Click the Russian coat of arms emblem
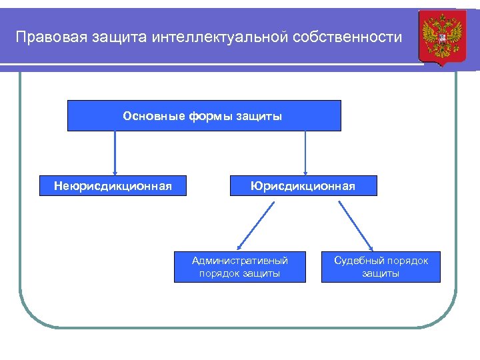click(438, 38)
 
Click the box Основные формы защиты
click(204, 115)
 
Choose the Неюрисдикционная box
click(113, 185)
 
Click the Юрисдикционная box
click(303, 185)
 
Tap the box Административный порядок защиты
click(240, 267)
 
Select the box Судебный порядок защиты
click(381, 267)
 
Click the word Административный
click(240, 261)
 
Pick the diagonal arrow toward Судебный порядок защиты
click(356, 225)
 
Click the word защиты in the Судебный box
click(381, 273)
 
